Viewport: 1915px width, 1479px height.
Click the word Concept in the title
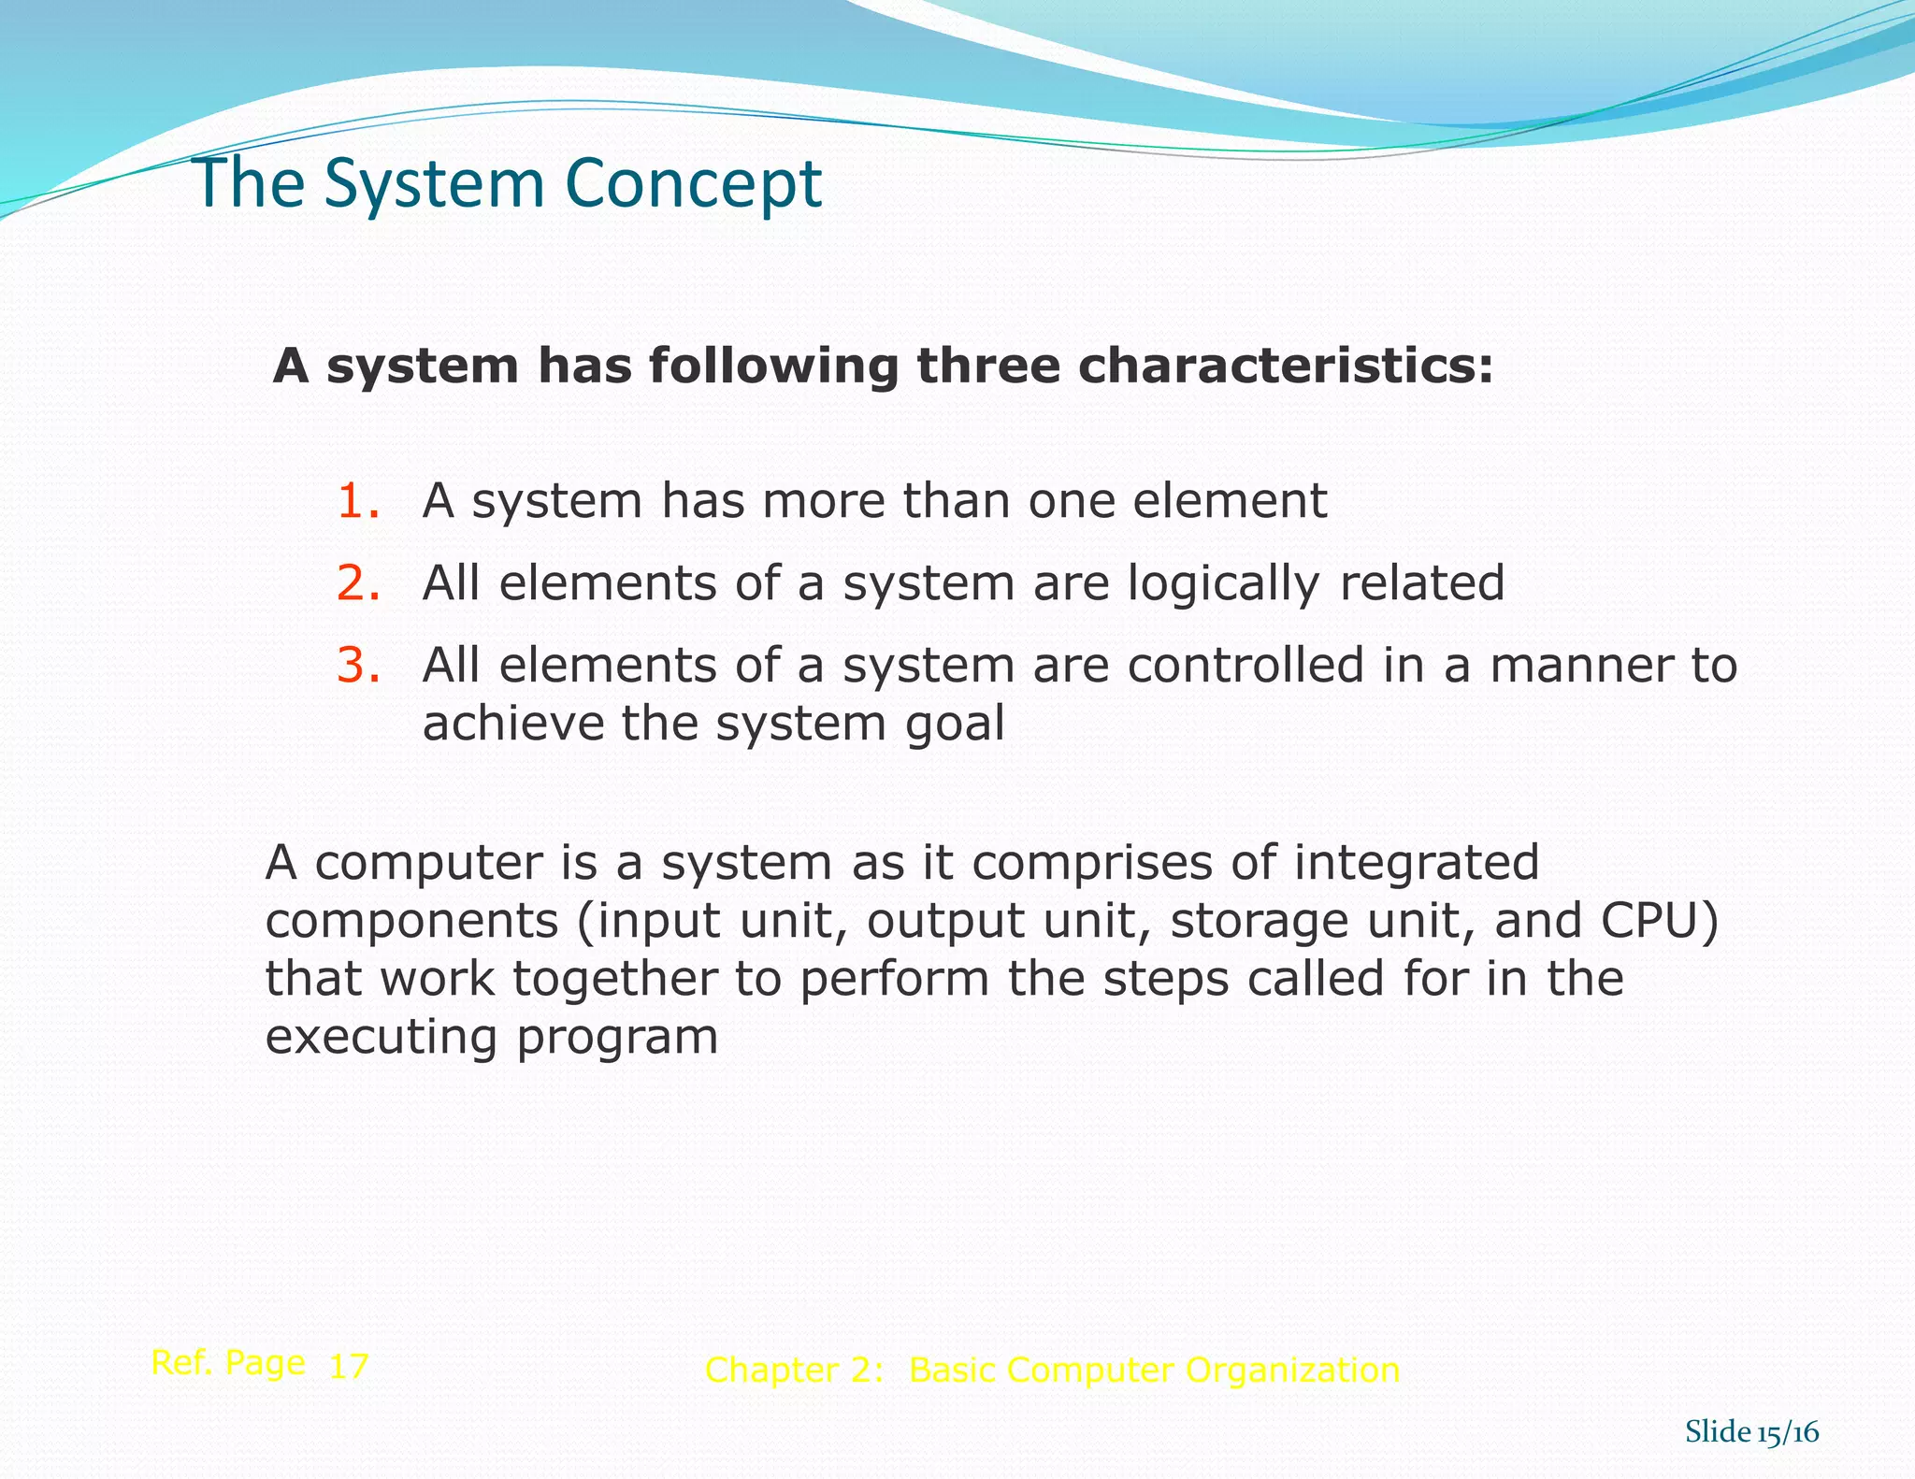[x=693, y=183]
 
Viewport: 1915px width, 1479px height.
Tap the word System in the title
[x=436, y=183]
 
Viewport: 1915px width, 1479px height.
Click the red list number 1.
[x=358, y=501]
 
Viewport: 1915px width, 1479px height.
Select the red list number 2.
[x=358, y=583]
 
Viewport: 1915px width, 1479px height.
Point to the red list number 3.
[x=358, y=666]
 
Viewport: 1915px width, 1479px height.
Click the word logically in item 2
[x=1223, y=585]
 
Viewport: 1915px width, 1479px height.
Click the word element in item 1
[x=1230, y=501]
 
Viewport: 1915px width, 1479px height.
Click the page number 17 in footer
[x=349, y=1367]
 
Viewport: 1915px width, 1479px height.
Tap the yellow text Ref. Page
[x=228, y=1364]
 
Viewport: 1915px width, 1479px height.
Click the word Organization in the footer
[x=1292, y=1371]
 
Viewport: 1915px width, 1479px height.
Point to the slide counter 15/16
[x=1787, y=1433]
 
